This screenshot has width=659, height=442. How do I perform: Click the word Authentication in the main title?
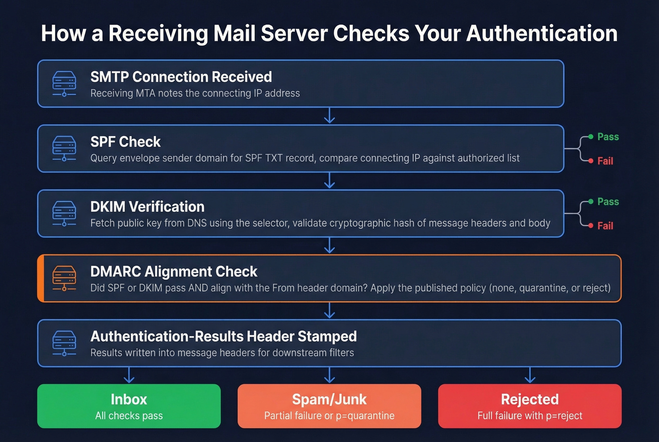(542, 34)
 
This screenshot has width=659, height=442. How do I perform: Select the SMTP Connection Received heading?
(181, 77)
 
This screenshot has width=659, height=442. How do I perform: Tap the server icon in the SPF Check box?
(64, 148)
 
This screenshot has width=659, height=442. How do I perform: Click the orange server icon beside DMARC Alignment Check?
(64, 278)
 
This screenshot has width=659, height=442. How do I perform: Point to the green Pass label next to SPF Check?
(608, 137)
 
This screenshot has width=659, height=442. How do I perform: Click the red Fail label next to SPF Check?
(605, 161)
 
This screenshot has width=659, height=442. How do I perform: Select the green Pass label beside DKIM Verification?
(608, 202)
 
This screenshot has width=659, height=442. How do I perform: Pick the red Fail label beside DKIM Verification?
(605, 226)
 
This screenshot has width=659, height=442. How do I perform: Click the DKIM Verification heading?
(147, 207)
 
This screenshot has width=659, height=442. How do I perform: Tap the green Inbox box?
(129, 406)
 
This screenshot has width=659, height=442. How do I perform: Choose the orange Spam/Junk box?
(329, 406)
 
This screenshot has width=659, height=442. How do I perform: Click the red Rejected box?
(530, 406)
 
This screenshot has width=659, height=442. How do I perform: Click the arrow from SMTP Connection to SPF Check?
(329, 116)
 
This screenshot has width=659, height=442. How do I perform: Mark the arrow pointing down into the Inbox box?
(129, 375)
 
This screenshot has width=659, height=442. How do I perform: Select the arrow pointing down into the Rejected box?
(530, 375)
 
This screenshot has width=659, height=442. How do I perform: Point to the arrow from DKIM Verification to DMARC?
(329, 246)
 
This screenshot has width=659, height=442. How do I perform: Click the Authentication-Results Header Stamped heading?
(223, 337)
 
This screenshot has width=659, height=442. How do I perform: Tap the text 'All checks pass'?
(129, 416)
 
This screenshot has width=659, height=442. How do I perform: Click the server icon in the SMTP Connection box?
(64, 84)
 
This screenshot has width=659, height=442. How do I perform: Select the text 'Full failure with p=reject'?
(530, 416)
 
